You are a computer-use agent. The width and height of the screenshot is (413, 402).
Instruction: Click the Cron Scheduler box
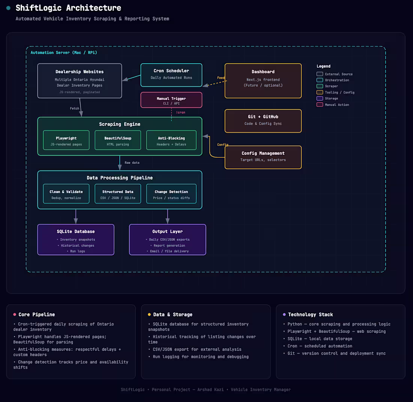click(x=172, y=75)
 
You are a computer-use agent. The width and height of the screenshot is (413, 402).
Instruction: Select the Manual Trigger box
click(x=172, y=100)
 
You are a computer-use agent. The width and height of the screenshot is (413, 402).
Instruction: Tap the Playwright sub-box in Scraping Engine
click(x=66, y=140)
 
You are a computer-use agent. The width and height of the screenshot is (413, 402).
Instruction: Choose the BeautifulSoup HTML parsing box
click(x=118, y=140)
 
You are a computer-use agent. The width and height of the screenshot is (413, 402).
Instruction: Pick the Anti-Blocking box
click(x=171, y=140)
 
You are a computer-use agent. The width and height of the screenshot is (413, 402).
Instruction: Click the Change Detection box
click(x=171, y=194)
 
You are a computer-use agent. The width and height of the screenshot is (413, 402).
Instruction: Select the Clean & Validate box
click(x=66, y=194)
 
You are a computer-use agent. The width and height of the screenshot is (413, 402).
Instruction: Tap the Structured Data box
click(x=118, y=194)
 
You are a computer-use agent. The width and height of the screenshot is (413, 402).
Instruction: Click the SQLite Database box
click(x=76, y=240)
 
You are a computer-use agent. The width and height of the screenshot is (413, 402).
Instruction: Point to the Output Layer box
click(x=167, y=240)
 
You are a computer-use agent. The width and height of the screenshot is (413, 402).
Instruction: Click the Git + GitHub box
click(x=263, y=121)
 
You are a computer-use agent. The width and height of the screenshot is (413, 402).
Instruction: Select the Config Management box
click(x=263, y=157)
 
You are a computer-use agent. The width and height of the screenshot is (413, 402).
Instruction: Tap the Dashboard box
click(x=263, y=81)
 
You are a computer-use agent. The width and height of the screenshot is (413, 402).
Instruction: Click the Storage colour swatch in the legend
click(x=320, y=98)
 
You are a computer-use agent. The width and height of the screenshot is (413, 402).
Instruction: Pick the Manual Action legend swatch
click(x=320, y=105)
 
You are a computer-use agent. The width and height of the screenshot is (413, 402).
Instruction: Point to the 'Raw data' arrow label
click(x=132, y=163)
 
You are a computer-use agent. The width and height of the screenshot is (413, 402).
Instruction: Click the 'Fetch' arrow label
click(x=75, y=108)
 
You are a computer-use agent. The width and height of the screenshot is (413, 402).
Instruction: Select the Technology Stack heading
click(x=311, y=314)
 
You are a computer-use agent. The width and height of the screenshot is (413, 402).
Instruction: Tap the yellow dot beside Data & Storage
click(x=149, y=314)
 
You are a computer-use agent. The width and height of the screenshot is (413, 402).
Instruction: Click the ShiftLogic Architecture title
click(x=68, y=8)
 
